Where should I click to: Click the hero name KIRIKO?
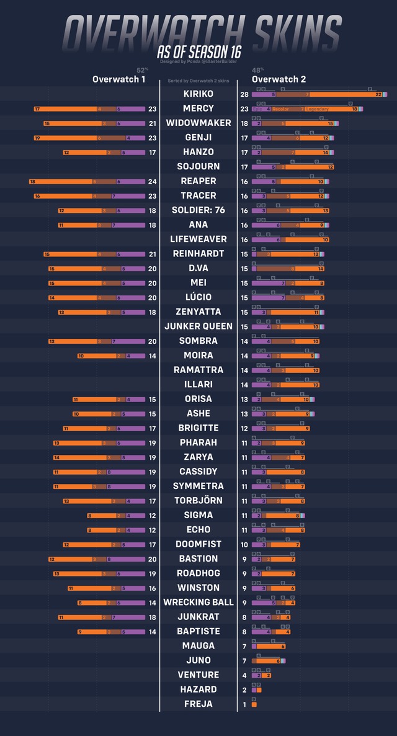[198, 94]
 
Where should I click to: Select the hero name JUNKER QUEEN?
[198, 326]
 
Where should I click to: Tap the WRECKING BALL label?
[198, 602]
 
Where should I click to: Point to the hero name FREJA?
[198, 704]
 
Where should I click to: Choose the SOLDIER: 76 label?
[198, 210]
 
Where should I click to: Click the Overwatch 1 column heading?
[119, 79]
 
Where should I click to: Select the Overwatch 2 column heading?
[279, 79]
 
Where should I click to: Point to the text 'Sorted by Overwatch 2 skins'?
[198, 81]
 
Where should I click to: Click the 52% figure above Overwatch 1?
[142, 70]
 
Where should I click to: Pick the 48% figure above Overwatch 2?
[257, 70]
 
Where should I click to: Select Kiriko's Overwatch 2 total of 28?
[244, 94]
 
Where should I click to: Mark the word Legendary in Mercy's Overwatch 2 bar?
[318, 109]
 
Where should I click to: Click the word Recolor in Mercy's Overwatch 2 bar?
[280, 109]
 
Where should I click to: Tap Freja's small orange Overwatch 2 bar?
[254, 704]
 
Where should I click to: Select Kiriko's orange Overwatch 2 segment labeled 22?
[347, 94]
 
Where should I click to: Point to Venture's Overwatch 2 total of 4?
[244, 675]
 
